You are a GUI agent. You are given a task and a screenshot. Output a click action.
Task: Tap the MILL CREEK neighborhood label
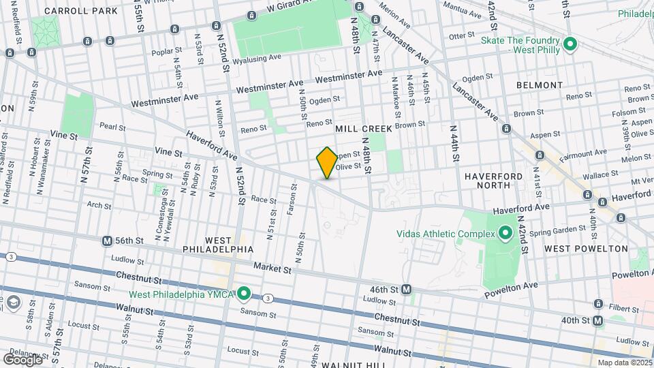[x=362, y=128]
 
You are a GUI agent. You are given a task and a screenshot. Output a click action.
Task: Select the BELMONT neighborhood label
[x=540, y=85]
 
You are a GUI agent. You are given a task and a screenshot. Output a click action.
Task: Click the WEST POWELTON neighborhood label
[x=586, y=249]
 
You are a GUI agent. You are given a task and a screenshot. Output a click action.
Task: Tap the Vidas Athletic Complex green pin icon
[x=505, y=234]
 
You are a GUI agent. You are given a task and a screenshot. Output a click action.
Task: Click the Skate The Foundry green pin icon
[x=571, y=46]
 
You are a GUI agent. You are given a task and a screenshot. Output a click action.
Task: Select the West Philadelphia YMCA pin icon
[x=245, y=294]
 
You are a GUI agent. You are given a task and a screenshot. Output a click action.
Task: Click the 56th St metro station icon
[x=107, y=241]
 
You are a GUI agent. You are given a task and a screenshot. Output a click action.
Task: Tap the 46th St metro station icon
[x=406, y=289]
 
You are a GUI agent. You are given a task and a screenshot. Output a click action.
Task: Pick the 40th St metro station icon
[x=597, y=320]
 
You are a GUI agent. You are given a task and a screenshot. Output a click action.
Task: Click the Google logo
[x=22, y=359]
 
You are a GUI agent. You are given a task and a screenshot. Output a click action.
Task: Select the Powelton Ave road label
[x=511, y=290]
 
